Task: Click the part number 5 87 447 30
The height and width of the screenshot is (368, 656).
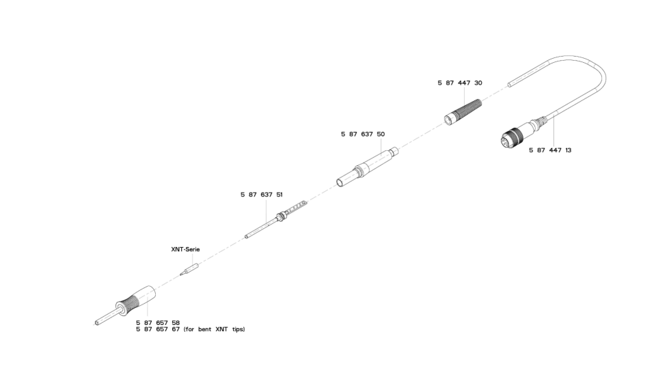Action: point(460,83)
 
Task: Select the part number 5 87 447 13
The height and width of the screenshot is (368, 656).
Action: point(550,150)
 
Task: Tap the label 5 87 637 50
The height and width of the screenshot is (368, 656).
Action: point(363,135)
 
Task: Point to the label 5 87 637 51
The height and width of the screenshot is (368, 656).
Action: point(262,195)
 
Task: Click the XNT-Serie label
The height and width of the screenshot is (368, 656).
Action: point(185,250)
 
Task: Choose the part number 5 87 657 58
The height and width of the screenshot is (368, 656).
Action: point(158,322)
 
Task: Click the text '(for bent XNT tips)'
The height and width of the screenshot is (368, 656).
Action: point(214,329)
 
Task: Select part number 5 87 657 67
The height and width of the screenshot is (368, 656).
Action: point(158,329)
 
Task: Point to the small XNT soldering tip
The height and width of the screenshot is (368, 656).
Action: point(188,270)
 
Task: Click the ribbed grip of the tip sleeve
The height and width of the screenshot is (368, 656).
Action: point(131,303)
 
